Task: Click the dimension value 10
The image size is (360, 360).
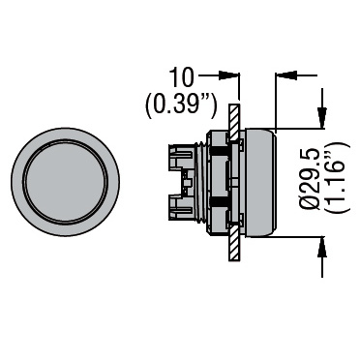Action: pyautogui.click(x=182, y=77)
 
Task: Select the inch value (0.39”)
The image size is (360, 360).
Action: pyautogui.click(x=181, y=106)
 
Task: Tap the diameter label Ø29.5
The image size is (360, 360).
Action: pyautogui.click(x=310, y=179)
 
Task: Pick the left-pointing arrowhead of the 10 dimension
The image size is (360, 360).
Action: pyautogui.click(x=286, y=75)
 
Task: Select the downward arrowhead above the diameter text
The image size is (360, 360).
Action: pyautogui.click(x=322, y=118)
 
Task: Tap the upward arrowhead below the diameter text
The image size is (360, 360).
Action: pyautogui.click(x=322, y=247)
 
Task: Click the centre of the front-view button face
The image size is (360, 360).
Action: pyautogui.click(x=65, y=182)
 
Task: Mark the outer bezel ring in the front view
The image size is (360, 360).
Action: pyautogui.click(x=17, y=182)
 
